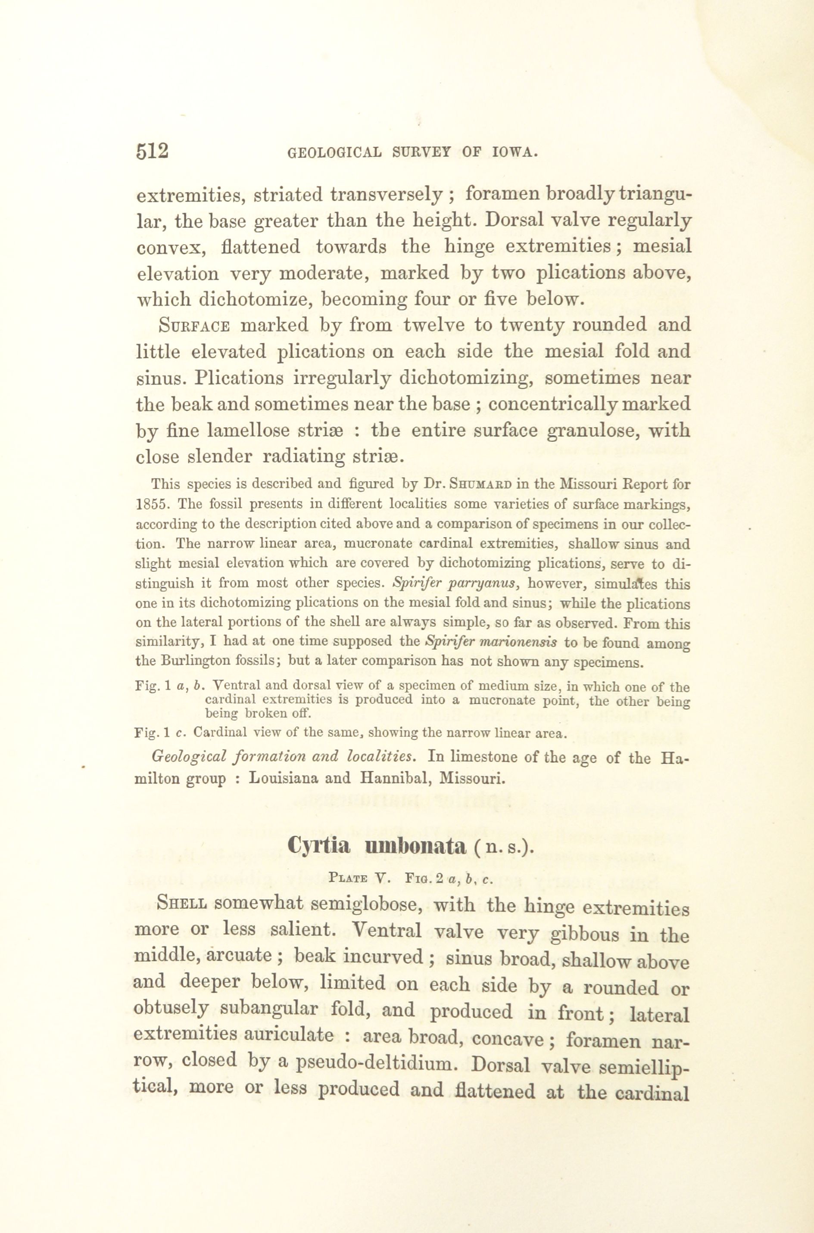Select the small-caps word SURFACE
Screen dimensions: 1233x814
pyautogui.click(x=194, y=326)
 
